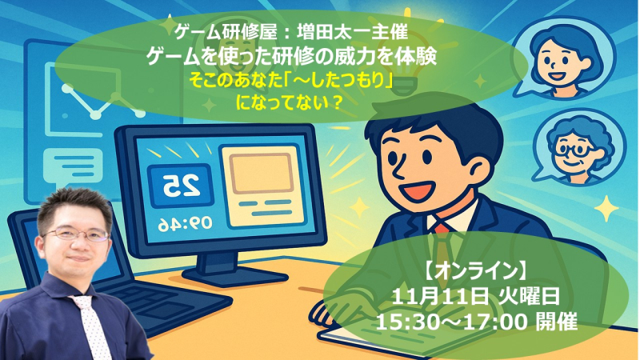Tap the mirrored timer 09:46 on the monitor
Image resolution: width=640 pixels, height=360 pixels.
186,224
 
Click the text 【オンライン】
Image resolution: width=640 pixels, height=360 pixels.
475,270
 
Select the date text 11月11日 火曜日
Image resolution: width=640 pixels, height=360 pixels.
475,296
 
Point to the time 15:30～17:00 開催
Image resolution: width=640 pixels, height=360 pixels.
476,322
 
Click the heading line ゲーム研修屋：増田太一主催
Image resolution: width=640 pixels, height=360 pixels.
291,32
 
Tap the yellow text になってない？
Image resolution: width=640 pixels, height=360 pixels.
289,102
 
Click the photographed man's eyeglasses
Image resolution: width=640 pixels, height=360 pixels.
77,234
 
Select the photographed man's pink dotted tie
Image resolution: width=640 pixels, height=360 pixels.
92,326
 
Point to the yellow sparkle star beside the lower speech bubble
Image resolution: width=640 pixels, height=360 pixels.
606,209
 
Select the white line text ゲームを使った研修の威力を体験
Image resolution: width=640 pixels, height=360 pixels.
291,57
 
